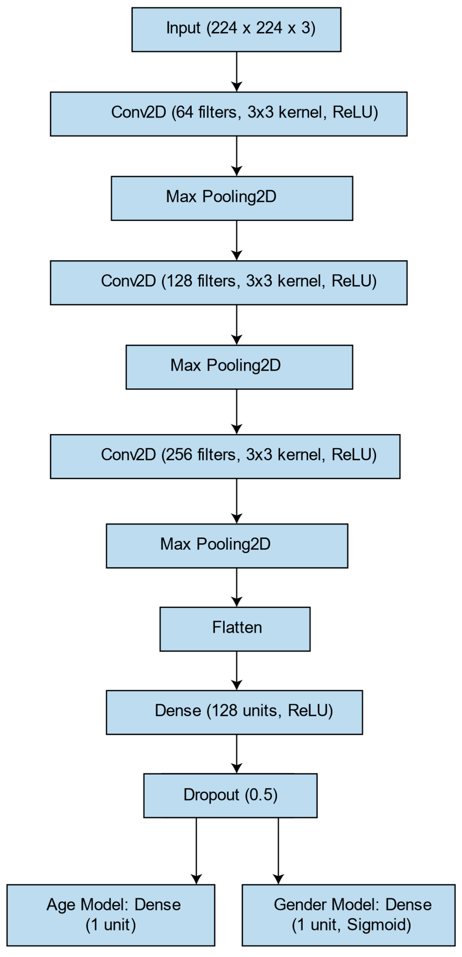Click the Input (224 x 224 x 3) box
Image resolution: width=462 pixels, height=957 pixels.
tap(236, 29)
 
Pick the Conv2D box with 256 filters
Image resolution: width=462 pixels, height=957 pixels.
tap(225, 456)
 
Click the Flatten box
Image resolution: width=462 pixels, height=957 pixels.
tap(235, 629)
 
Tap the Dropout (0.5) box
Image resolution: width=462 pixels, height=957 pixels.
tap(230, 795)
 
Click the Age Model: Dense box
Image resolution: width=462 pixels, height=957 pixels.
tap(111, 915)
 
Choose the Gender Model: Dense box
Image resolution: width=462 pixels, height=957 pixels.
tap(348, 915)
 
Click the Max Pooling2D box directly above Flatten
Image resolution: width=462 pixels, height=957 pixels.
tap(227, 546)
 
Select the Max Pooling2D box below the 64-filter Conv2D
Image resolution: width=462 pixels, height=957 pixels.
tap(232, 198)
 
